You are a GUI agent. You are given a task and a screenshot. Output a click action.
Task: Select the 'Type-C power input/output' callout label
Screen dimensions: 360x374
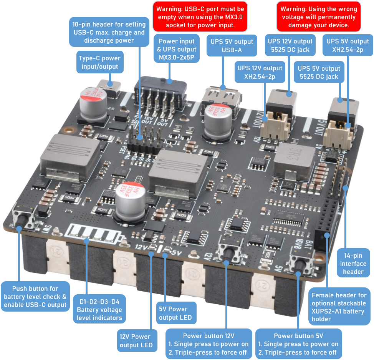(x=100, y=63)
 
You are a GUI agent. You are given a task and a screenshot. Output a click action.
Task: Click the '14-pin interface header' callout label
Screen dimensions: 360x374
(x=353, y=264)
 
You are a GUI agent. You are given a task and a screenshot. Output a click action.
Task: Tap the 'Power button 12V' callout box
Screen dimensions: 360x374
(x=209, y=344)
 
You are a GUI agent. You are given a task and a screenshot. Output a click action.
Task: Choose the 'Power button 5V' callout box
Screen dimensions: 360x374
(x=298, y=344)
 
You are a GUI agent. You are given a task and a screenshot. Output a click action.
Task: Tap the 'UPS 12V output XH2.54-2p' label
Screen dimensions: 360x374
(x=260, y=72)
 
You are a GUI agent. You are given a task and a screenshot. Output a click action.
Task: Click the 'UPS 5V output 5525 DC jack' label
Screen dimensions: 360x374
(x=318, y=72)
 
